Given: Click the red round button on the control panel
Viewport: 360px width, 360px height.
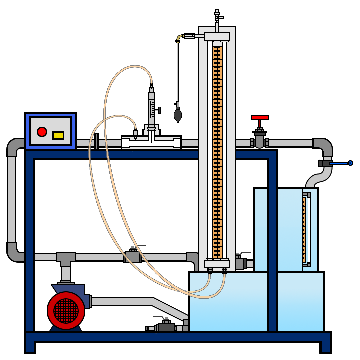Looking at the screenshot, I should pyautogui.click(x=42, y=132).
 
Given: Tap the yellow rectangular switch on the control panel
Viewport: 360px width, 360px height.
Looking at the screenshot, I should pyautogui.click(x=58, y=136).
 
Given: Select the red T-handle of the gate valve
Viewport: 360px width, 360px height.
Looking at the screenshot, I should pyautogui.click(x=260, y=118).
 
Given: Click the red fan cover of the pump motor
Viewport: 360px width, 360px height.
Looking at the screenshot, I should pyautogui.click(x=66, y=310).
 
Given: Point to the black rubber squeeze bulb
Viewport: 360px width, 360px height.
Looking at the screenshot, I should pyautogui.click(x=178, y=114).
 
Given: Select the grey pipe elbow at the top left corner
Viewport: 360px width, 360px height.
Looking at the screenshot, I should pyautogui.click(x=15, y=146).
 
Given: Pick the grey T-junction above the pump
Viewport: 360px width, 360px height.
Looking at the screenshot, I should pyautogui.click(x=66, y=258).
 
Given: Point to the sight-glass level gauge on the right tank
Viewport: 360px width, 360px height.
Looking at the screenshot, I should pyautogui.click(x=305, y=230).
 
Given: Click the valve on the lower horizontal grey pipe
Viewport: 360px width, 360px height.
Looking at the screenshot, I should pyautogui.click(x=133, y=256).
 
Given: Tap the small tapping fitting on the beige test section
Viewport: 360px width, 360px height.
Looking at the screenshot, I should pyautogui.click(x=135, y=134).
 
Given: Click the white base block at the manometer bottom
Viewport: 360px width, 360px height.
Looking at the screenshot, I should pyautogui.click(x=217, y=263).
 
